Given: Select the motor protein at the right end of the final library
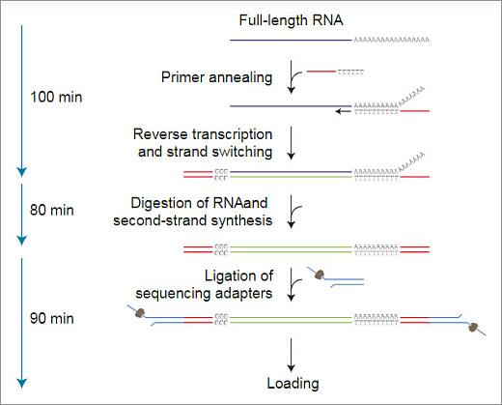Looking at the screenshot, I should [472, 327].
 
